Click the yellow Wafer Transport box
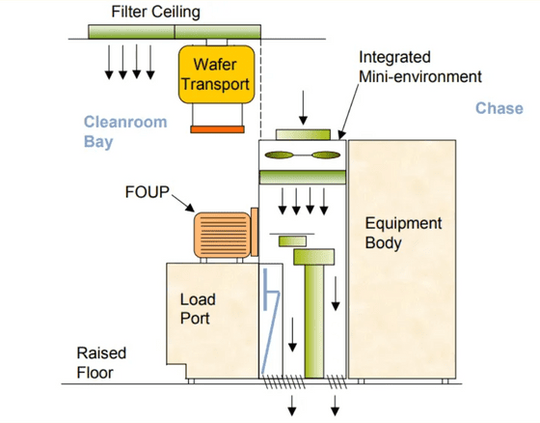tap(216, 74)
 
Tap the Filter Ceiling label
tap(155, 13)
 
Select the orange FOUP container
tap(223, 236)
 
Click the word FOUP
tap(148, 192)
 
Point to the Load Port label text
tap(198, 309)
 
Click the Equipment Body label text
tap(403, 233)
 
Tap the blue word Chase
tap(499, 108)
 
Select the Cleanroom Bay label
tap(125, 131)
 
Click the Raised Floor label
tap(101, 362)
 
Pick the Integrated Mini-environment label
tap(419, 67)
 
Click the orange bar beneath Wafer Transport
tap(217, 129)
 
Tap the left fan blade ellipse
tap(279, 155)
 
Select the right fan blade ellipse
tap(326, 155)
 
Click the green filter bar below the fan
tap(303, 177)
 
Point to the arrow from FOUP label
tap(183, 203)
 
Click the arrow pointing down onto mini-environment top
tap(303, 107)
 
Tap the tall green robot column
tap(314, 322)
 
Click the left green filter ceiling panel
tap(131, 32)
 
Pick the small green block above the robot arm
tap(292, 240)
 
